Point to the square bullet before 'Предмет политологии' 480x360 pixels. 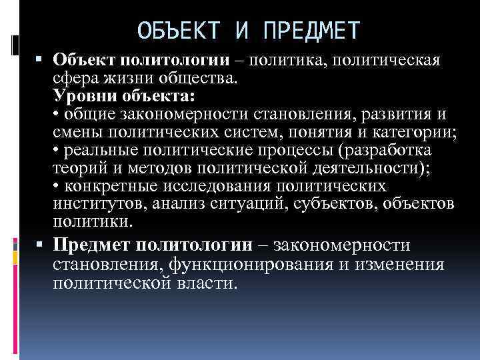pos(42,246)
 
